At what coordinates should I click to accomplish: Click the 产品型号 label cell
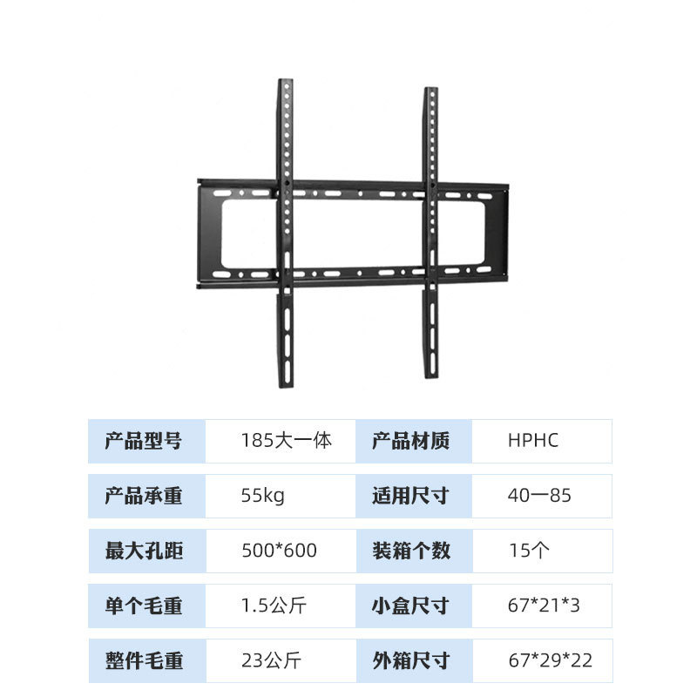click(144, 441)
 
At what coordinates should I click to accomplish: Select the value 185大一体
click(286, 441)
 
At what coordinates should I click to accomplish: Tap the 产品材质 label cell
click(411, 441)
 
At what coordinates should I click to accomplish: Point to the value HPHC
click(532, 441)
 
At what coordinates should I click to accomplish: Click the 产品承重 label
click(144, 497)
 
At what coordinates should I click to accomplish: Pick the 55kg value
click(262, 497)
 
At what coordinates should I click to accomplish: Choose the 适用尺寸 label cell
click(411, 497)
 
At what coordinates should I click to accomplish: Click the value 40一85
click(539, 497)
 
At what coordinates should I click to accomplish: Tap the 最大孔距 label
click(144, 551)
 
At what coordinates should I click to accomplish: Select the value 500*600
click(279, 551)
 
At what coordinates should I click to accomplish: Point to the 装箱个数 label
click(411, 551)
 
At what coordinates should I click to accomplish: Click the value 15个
click(529, 551)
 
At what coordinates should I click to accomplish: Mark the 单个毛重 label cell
click(144, 606)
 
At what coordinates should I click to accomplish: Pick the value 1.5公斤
click(274, 606)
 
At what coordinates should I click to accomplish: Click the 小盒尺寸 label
click(411, 606)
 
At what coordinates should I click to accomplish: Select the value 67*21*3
click(544, 606)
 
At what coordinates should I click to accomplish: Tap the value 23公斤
click(270, 660)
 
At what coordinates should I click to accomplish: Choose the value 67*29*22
click(550, 660)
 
